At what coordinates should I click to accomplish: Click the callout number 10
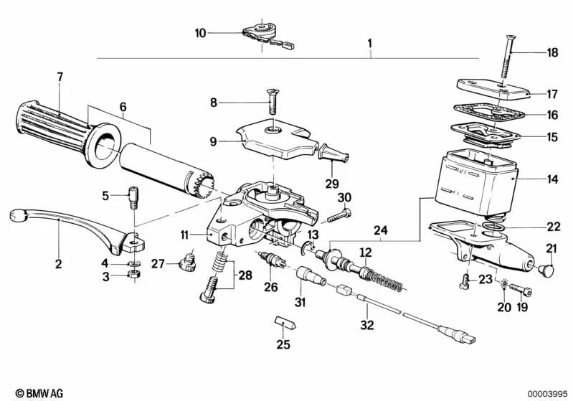click(x=200, y=32)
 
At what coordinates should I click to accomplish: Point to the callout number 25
click(x=284, y=345)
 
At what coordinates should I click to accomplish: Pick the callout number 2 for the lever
click(x=59, y=264)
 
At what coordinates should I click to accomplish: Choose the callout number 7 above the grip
click(x=60, y=76)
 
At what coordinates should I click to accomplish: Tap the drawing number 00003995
click(x=548, y=392)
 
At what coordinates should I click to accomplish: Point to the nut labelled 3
click(x=133, y=276)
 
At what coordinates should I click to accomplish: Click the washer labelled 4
click(x=133, y=264)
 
